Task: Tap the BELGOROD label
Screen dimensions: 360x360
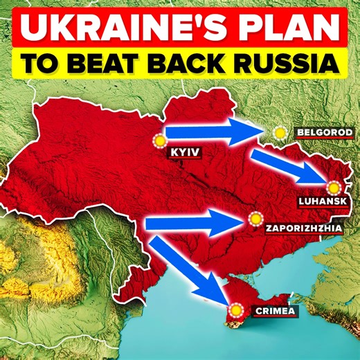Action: point(324,132)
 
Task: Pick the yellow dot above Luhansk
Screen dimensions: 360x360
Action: point(334,187)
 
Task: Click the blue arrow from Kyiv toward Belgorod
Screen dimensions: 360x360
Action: point(215,130)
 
